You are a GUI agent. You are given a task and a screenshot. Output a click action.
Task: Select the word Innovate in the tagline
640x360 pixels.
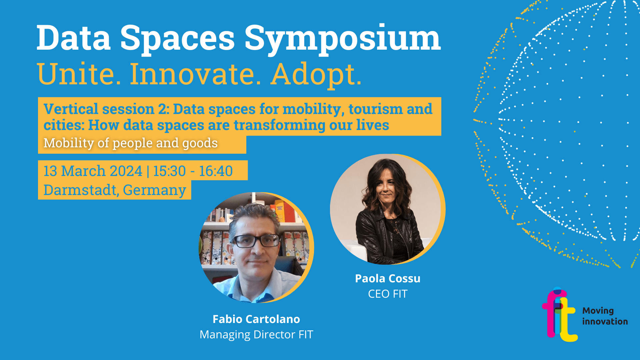pos(196,74)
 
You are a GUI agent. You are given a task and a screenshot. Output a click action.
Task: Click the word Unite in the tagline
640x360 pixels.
pos(79,74)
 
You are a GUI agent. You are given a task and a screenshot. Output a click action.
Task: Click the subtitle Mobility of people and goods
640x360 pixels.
pos(131,143)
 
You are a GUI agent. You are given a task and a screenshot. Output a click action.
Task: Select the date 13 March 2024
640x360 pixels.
pos(93,171)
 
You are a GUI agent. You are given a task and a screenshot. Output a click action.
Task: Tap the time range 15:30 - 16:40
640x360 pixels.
pos(193,171)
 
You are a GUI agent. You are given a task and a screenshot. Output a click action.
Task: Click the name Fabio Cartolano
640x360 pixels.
pos(256,319)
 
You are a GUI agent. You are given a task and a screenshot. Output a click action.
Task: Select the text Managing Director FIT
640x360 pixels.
pos(256,334)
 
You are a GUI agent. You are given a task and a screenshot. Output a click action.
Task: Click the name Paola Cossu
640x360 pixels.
pos(388,278)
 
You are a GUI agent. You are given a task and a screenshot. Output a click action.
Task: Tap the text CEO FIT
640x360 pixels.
pos(388,294)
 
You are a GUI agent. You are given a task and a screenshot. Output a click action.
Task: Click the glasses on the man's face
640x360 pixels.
pos(255,241)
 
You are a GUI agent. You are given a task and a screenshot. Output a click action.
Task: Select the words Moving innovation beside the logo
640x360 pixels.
pos(605,316)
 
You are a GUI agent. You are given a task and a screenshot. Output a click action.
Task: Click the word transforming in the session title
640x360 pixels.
pos(279,125)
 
